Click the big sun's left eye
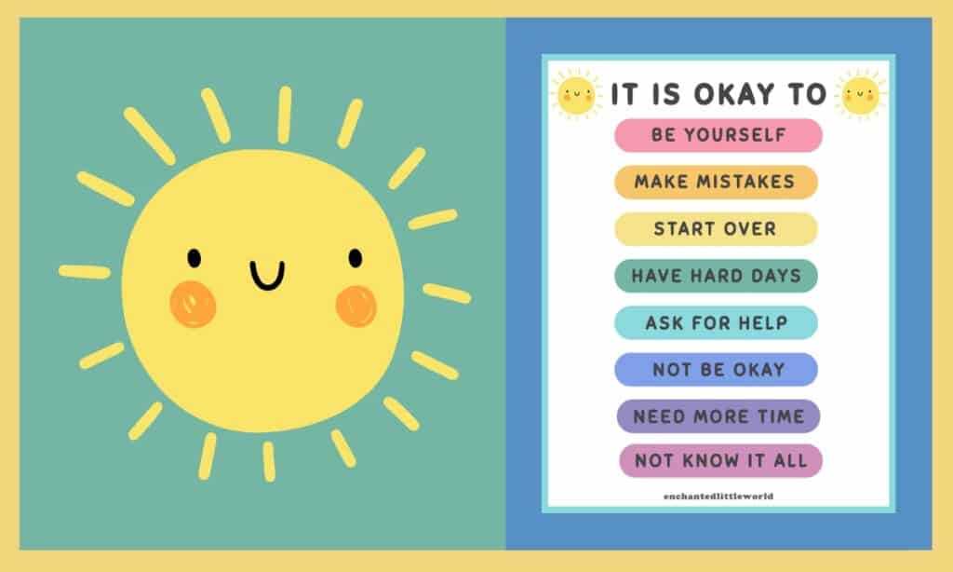pyautogui.click(x=194, y=258)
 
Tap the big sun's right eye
pyautogui.click(x=356, y=258)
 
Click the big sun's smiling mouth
pyautogui.click(x=267, y=276)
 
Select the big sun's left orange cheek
pyautogui.click(x=194, y=304)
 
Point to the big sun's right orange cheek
pyautogui.click(x=356, y=306)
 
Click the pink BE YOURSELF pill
pyautogui.click(x=718, y=135)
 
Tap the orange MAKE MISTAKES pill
pyautogui.click(x=716, y=182)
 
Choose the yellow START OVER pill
pyautogui.click(x=716, y=229)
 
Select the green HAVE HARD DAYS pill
pyautogui.click(x=716, y=276)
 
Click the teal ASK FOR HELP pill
pyautogui.click(x=716, y=322)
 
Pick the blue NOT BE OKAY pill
pyautogui.click(x=716, y=369)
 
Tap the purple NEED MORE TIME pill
pyautogui.click(x=718, y=416)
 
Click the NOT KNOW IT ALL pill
pyautogui.click(x=721, y=460)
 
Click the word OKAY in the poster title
pyautogui.click(x=735, y=94)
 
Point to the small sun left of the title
pyautogui.click(x=575, y=95)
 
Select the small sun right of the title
pyautogui.click(x=861, y=95)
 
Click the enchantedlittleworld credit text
pyautogui.click(x=718, y=496)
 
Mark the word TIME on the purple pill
pyautogui.click(x=781, y=416)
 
